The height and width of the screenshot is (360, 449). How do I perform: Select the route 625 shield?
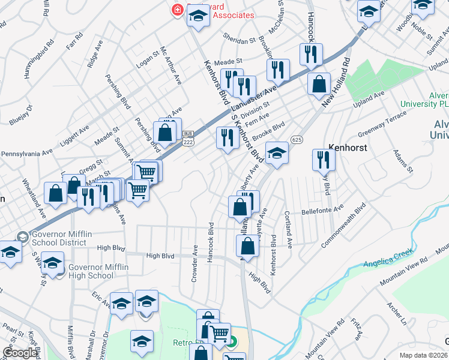295,139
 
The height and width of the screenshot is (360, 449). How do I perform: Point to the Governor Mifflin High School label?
90,271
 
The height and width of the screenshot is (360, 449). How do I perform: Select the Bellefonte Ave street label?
322,211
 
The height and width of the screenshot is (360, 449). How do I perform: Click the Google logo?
20,353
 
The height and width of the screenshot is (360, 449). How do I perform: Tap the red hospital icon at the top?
177,10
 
